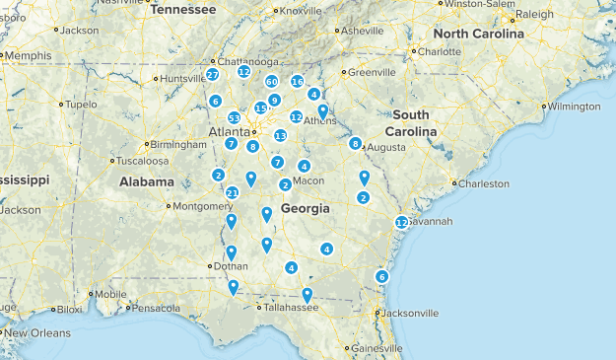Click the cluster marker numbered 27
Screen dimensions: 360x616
(x=213, y=75)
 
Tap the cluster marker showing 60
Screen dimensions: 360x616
(x=271, y=82)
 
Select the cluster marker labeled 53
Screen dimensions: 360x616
(x=234, y=118)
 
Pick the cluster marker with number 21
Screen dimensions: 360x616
(x=232, y=192)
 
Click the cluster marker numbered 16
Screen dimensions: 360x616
(x=297, y=81)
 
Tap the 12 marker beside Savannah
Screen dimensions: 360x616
(x=401, y=223)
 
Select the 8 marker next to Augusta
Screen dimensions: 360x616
(x=355, y=143)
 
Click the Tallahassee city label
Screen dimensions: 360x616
(x=290, y=308)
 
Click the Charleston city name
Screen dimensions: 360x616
(x=484, y=183)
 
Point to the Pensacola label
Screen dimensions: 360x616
(x=157, y=308)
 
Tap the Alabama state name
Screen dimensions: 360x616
(x=147, y=181)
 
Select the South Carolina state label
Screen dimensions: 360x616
(x=411, y=123)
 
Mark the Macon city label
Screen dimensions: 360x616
(x=308, y=180)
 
